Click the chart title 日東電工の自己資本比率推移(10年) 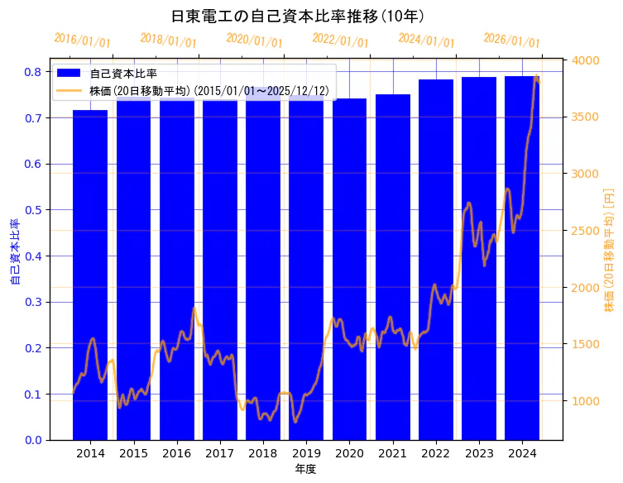tap(297, 16)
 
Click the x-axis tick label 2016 tap(176, 453)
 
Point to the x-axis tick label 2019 tap(306, 453)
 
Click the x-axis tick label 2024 tap(522, 453)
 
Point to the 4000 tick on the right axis tap(587, 60)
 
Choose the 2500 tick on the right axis tap(587, 230)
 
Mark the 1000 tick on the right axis tap(587, 401)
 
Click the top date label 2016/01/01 tap(82, 41)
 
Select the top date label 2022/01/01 tap(340, 41)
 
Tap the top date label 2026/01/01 tap(511, 41)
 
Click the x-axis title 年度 tap(306, 469)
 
